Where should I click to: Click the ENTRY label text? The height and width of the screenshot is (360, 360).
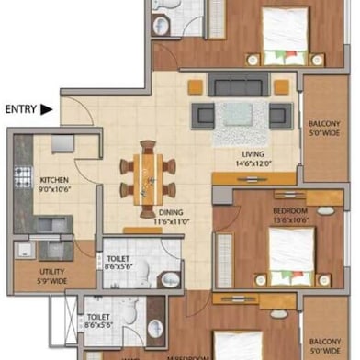click(x=20, y=109)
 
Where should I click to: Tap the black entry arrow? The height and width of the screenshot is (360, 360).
click(x=46, y=109)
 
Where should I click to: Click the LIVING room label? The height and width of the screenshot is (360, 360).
click(x=253, y=154)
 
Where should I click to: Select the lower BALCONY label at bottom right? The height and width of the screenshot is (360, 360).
click(x=328, y=341)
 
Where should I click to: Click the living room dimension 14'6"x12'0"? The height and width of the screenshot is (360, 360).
click(x=253, y=164)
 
